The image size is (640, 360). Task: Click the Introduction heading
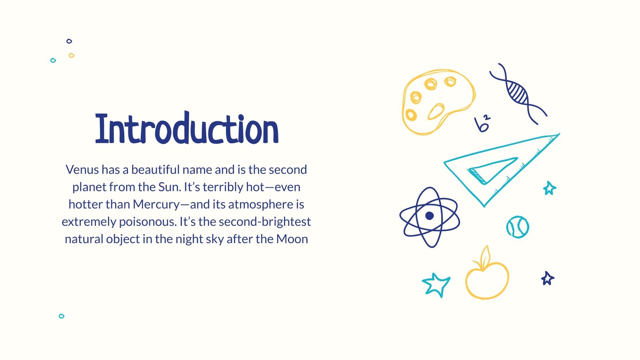click(187, 129)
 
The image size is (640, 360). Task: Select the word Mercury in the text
click(156, 204)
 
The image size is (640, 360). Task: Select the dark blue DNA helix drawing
click(518, 93)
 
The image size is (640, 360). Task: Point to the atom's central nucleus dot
click(430, 216)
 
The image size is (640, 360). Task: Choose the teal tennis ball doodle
click(518, 227)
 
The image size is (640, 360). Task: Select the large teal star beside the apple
click(436, 284)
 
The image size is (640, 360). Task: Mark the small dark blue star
click(548, 278)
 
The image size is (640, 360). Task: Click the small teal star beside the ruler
click(550, 188)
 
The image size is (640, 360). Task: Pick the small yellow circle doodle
click(71, 56)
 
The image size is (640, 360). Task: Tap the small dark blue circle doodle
click(69, 41)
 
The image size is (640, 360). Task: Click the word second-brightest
click(265, 222)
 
